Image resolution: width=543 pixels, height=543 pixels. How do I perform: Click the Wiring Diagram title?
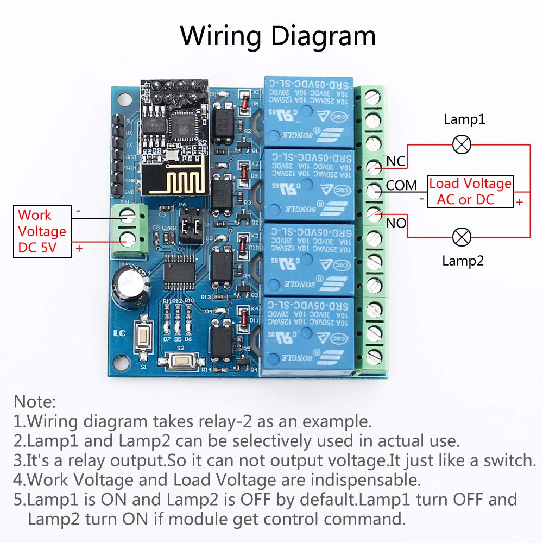[277, 36]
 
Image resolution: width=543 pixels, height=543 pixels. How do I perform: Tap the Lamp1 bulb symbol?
[462, 144]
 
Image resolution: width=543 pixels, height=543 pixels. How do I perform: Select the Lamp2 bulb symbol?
[462, 237]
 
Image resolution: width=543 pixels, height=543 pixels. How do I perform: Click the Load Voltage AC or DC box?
[470, 192]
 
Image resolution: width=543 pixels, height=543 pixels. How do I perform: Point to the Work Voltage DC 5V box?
[42, 231]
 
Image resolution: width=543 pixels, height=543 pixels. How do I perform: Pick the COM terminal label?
[401, 186]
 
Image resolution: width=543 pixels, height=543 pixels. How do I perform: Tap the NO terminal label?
[396, 223]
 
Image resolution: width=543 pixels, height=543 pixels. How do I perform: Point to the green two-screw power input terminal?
[130, 230]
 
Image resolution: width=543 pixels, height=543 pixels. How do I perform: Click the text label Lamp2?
[463, 261]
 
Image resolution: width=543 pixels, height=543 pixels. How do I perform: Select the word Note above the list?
[35, 402]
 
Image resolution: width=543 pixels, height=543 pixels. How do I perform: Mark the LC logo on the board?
[120, 334]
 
